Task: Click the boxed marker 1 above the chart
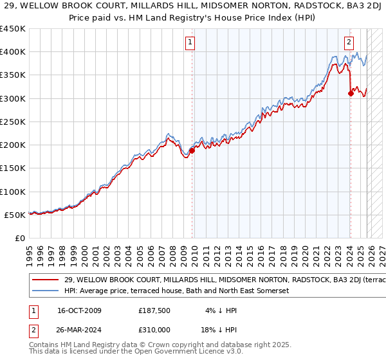pos(191,43)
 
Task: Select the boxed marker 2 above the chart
pos(349,43)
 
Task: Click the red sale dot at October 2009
pos(192,150)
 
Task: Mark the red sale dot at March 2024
pos(351,94)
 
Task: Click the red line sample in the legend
pos(46,280)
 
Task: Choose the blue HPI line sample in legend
pos(46,291)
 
